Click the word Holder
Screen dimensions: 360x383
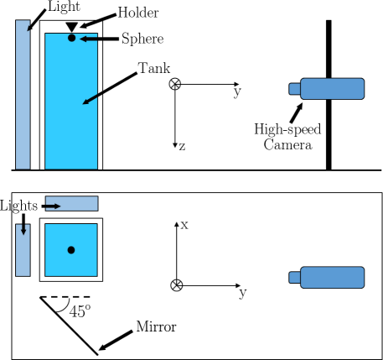[138, 13]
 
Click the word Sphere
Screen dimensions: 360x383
[142, 39]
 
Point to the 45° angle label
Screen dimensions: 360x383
[79, 311]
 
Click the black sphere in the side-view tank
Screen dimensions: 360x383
[71, 38]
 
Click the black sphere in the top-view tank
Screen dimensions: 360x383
[71, 250]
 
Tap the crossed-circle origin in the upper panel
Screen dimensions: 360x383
[175, 83]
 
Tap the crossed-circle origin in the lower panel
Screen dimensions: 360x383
[176, 284]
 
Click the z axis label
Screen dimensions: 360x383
[182, 146]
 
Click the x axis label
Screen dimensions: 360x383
[184, 224]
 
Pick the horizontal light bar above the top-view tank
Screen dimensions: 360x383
[71, 203]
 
